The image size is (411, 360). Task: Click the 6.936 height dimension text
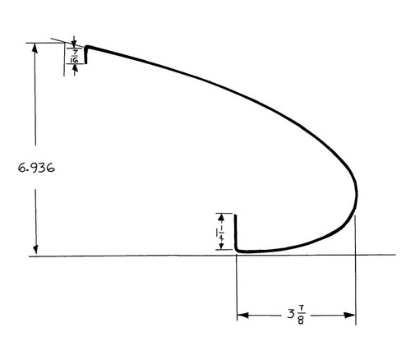click(x=36, y=166)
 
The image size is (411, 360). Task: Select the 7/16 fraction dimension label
click(x=74, y=55)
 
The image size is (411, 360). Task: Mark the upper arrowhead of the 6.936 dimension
click(x=35, y=47)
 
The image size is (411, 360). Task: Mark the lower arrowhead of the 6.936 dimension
click(x=35, y=252)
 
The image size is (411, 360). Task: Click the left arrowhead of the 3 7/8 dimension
click(x=241, y=315)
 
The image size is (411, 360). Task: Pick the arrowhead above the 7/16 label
click(x=75, y=41)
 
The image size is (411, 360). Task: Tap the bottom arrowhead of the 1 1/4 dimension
click(x=221, y=247)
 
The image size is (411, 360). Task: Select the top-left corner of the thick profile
click(x=85, y=47)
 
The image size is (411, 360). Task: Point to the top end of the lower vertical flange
click(x=236, y=215)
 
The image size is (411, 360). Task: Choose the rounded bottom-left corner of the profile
click(x=238, y=249)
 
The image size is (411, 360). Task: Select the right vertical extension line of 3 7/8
click(x=355, y=271)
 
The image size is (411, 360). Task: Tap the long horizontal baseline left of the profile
click(x=123, y=256)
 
